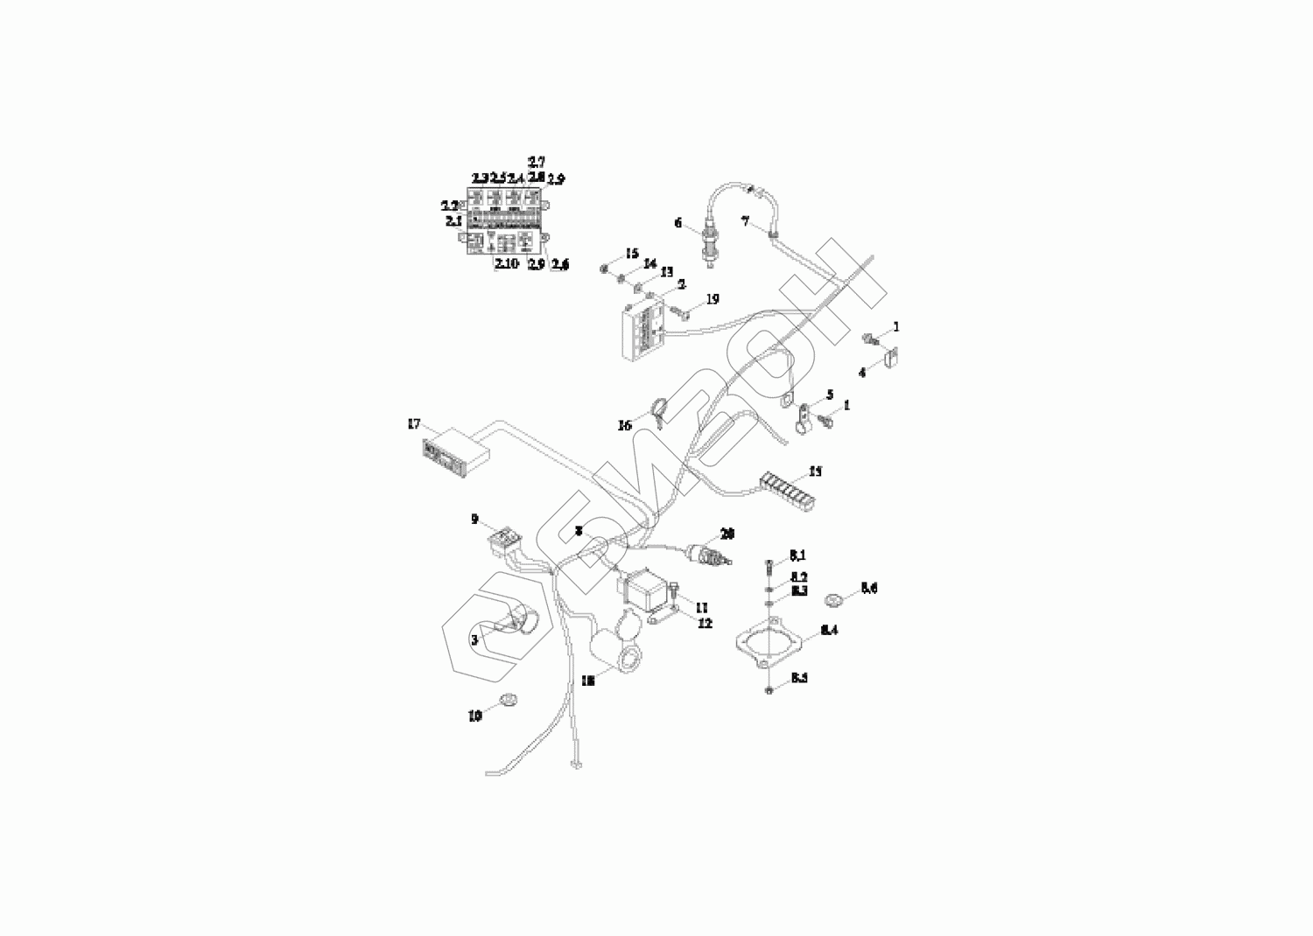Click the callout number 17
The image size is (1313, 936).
click(x=414, y=424)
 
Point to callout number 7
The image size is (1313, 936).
click(x=746, y=222)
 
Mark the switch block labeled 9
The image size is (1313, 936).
click(x=505, y=542)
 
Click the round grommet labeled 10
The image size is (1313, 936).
click(x=506, y=700)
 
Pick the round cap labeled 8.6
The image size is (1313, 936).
click(x=835, y=599)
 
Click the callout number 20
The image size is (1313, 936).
click(x=727, y=533)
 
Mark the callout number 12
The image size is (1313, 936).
click(x=705, y=623)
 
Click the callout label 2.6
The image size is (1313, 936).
click(x=558, y=264)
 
